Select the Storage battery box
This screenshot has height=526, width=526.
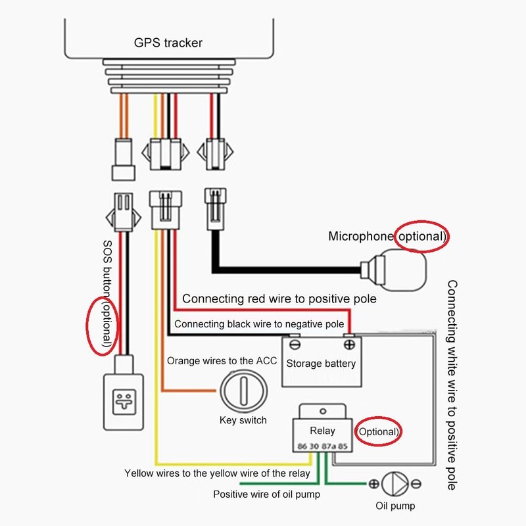pyautogui.click(x=322, y=363)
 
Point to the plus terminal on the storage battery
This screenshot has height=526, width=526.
pyautogui.click(x=348, y=343)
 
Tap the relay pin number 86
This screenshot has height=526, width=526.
pyautogui.click(x=302, y=447)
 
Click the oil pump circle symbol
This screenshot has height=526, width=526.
pyautogui.click(x=394, y=485)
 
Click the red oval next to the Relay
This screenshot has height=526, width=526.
pyautogui.click(x=378, y=432)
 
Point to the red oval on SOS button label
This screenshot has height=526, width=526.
pyautogui.click(x=104, y=325)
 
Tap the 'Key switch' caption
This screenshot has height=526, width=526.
pyautogui.click(x=243, y=420)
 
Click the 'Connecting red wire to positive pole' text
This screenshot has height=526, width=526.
pyautogui.click(x=279, y=299)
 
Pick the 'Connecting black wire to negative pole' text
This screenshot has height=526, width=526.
pyautogui.click(x=259, y=324)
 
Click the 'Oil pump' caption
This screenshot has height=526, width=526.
pyautogui.click(x=395, y=506)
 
